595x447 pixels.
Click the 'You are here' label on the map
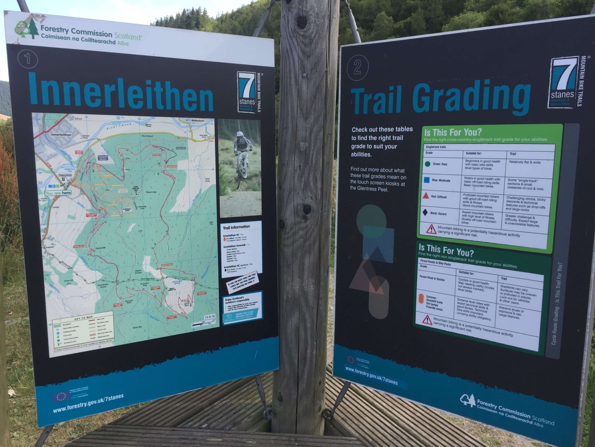(x=58, y=193)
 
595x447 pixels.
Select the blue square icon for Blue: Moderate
(x=426, y=180)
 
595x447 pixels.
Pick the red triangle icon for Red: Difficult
(x=426, y=196)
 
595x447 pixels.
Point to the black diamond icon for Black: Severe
(x=425, y=212)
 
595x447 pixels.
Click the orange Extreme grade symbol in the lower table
(x=421, y=299)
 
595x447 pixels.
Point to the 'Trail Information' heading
(x=236, y=227)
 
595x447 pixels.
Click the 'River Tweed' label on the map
(x=119, y=126)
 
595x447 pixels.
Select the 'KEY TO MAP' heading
(x=83, y=318)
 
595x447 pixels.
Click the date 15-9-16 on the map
(x=210, y=317)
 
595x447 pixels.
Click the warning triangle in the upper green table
(x=431, y=229)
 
